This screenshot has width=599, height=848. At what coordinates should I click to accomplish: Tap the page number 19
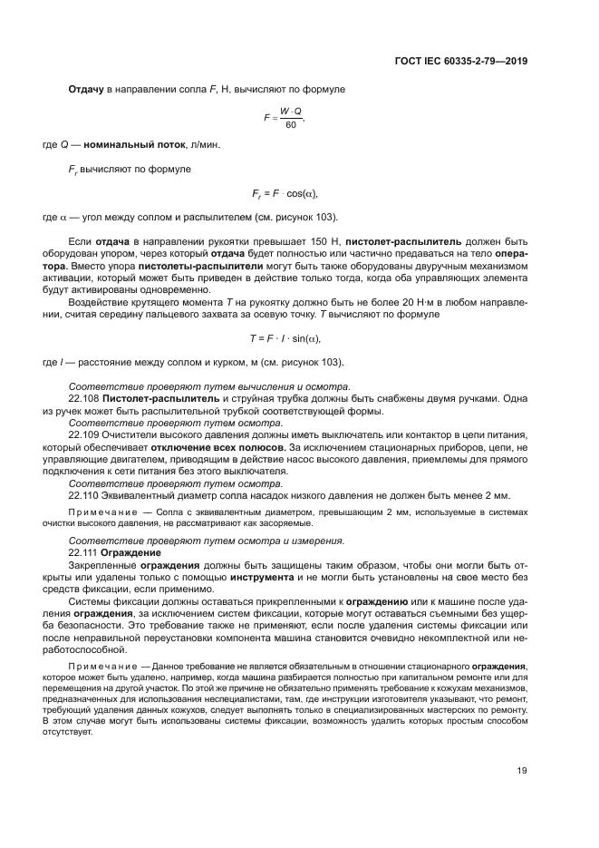pyautogui.click(x=522, y=771)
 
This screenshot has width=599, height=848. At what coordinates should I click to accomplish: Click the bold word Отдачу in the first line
pyautogui.click(x=87, y=90)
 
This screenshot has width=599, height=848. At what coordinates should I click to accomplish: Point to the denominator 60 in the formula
pyautogui.click(x=290, y=125)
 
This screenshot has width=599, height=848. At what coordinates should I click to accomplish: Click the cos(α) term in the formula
pyautogui.click(x=302, y=194)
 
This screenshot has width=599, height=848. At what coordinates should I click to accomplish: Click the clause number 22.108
pyautogui.click(x=84, y=398)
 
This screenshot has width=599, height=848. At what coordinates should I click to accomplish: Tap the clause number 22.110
pyautogui.click(x=84, y=495)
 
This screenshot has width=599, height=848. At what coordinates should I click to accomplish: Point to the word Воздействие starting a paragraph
pyautogui.click(x=99, y=300)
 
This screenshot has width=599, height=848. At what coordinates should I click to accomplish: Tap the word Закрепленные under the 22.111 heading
pyautogui.click(x=103, y=563)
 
